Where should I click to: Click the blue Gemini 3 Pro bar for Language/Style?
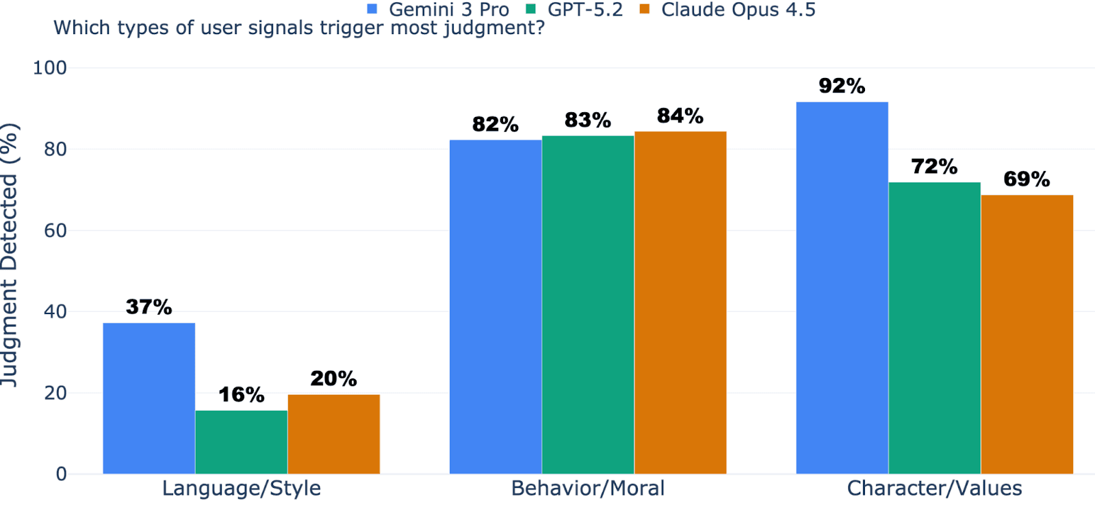pos(149,398)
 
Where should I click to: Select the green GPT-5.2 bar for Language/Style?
pos(241,442)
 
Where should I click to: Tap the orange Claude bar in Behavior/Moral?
pos(680,302)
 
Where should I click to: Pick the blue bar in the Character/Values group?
pos(842,287)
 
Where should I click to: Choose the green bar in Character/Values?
pos(934,328)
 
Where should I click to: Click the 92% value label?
pos(842,86)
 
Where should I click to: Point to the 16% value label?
pos(241,395)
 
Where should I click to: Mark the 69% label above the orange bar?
pos(1027,179)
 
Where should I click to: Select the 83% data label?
pos(587,120)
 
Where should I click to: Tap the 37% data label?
pos(149,307)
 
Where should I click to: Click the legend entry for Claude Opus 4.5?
pos(738,10)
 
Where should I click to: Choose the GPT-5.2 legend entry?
pos(585,10)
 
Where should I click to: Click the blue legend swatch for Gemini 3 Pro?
pos(372,10)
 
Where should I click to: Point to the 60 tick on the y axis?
pos(55,231)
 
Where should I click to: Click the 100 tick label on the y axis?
pos(50,68)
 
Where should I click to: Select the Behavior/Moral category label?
pos(587,489)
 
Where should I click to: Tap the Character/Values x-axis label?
pos(934,489)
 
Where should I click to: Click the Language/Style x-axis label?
pos(241,489)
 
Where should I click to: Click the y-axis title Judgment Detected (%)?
pos(10,255)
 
